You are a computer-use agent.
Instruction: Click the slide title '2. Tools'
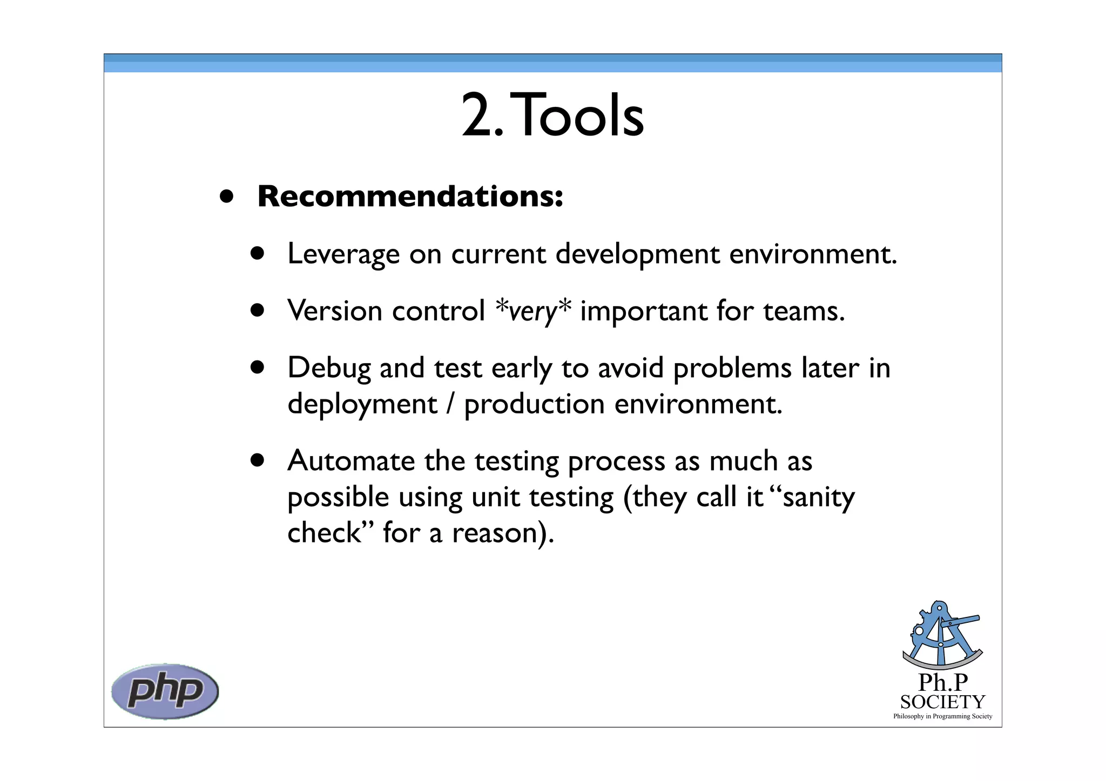pyautogui.click(x=552, y=116)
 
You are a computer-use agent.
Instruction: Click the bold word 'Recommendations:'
pyautogui.click(x=410, y=196)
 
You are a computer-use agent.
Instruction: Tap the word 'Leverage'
pyautogui.click(x=343, y=254)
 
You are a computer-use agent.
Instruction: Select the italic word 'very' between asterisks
pyautogui.click(x=532, y=311)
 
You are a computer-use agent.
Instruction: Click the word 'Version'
pyautogui.click(x=335, y=311)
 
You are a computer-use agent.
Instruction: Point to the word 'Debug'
pyautogui.click(x=329, y=369)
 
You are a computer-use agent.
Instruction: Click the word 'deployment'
pyautogui.click(x=362, y=405)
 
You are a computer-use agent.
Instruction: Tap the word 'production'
pyautogui.click(x=534, y=405)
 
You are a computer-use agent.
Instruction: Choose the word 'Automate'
pyautogui.click(x=351, y=461)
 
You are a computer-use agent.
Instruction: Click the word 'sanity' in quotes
pyautogui.click(x=819, y=498)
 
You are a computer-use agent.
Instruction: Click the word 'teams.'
pyautogui.click(x=804, y=311)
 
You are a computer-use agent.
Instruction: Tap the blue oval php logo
pyautogui.click(x=165, y=691)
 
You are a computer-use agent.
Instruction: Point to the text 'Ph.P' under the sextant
pyautogui.click(x=943, y=683)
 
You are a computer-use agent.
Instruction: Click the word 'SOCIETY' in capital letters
pyautogui.click(x=943, y=702)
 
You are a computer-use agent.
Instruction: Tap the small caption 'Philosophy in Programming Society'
pyautogui.click(x=943, y=716)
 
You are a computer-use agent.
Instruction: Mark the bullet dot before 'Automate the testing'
pyautogui.click(x=258, y=460)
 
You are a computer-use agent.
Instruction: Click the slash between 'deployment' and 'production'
pyautogui.click(x=450, y=405)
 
